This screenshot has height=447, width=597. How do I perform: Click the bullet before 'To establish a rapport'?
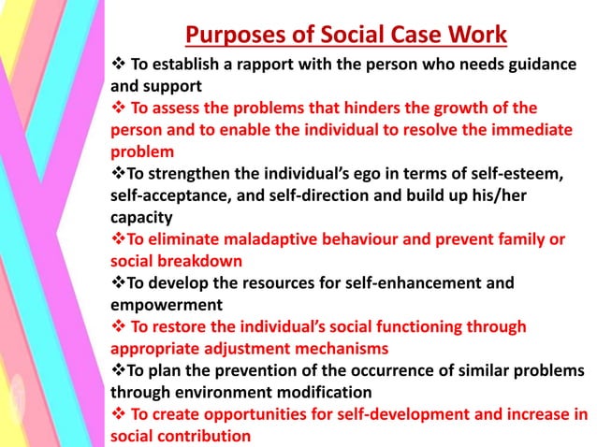[x=118, y=65]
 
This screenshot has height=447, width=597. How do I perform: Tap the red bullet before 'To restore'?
[x=118, y=326]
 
